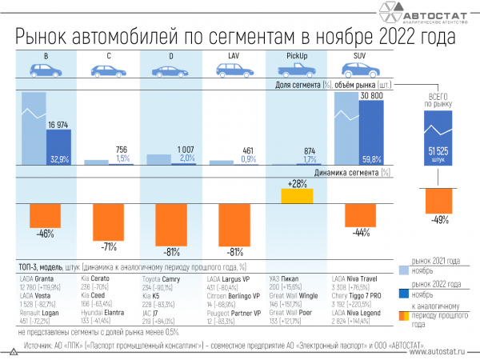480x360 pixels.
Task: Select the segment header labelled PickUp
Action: (297, 54)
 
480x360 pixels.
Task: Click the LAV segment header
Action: (234, 54)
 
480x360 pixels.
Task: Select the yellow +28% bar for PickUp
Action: (297, 194)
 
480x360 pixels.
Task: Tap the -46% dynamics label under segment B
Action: (46, 234)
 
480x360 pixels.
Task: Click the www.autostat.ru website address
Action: (437, 350)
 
